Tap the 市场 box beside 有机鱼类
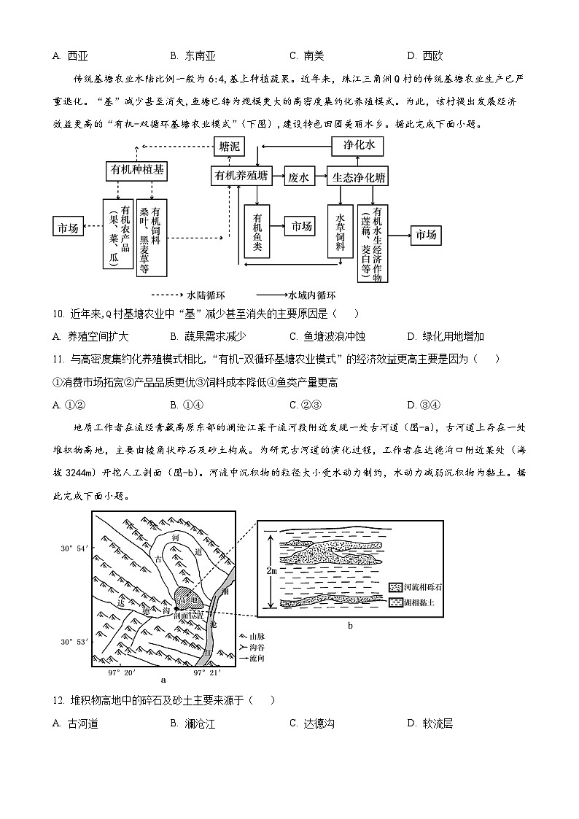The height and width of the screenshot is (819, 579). pyautogui.click(x=301, y=227)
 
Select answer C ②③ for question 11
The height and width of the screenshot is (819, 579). pyautogui.click(x=306, y=405)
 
